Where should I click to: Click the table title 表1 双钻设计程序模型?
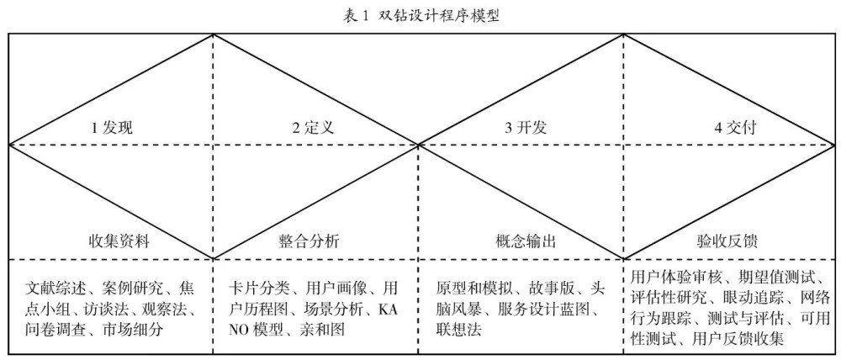pyautogui.click(x=421, y=16)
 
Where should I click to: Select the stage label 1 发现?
pyautogui.click(x=112, y=128)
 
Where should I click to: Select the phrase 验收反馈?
pyautogui.click(x=727, y=241)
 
